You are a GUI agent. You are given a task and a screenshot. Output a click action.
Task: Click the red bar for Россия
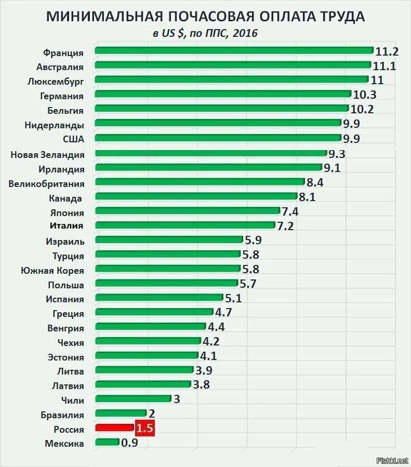pyautogui.click(x=114, y=428)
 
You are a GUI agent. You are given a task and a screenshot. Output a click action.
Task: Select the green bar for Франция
pyautogui.click(x=234, y=50)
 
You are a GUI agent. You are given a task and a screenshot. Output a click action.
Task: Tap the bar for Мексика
pyautogui.click(x=107, y=442)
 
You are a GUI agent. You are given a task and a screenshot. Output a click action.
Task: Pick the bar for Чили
pyautogui.click(x=133, y=398)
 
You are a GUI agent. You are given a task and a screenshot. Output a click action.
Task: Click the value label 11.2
pyautogui.click(x=387, y=51)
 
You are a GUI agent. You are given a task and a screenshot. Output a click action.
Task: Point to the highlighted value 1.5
pyautogui.click(x=145, y=429)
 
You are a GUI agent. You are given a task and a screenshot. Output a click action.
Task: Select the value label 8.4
pyautogui.click(x=315, y=182)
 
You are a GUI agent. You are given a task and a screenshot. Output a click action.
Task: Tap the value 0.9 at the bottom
pyautogui.click(x=130, y=443)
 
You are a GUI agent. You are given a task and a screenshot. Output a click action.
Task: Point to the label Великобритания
pyautogui.click(x=46, y=183)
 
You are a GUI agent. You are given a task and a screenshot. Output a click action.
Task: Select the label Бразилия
pyautogui.click(x=62, y=415)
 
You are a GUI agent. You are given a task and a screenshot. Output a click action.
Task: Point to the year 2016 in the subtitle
pyautogui.click(x=246, y=33)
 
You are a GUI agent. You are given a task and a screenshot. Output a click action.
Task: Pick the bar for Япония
pyautogui.click(x=188, y=210)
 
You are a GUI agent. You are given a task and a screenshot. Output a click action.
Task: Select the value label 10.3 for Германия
pyautogui.click(x=364, y=95)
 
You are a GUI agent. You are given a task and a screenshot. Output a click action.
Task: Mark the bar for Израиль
pyautogui.click(x=169, y=239)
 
